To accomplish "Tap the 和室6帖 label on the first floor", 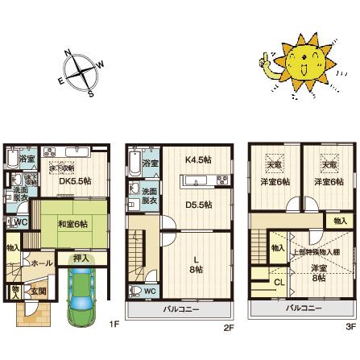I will pos(72,225).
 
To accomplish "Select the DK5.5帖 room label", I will pos(75,181).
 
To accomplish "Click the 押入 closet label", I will pos(81,259).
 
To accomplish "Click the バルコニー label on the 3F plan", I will pos(304,308).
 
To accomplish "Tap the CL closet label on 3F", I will pos(279,282).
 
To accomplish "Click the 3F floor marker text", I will pos(350,326).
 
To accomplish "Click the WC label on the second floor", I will pos(150,291).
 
